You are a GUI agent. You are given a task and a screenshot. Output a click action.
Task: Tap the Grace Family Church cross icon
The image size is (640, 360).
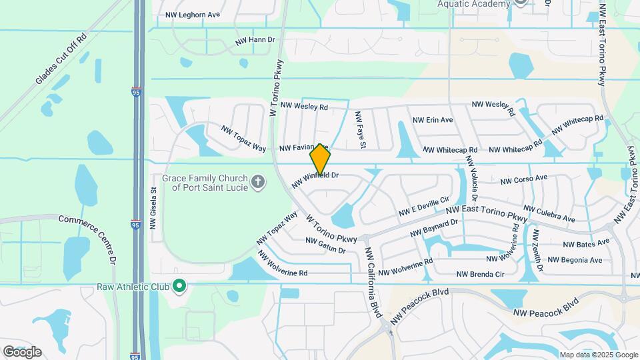(x=258, y=181)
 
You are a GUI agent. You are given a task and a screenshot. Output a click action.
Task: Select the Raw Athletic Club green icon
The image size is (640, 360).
(x=179, y=287)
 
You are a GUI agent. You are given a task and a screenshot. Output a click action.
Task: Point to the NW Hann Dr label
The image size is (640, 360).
(x=255, y=41)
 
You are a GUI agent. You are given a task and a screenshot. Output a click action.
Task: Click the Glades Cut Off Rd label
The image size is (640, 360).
(x=62, y=60)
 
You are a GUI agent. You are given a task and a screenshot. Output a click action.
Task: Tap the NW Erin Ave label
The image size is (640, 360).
(x=433, y=120)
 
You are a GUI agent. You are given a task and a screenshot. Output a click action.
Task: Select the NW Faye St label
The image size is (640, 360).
(x=361, y=130)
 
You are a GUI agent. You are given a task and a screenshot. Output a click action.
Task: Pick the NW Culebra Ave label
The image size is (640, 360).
(x=549, y=214)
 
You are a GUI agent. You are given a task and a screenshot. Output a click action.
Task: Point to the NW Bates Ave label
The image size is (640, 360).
(x=586, y=243)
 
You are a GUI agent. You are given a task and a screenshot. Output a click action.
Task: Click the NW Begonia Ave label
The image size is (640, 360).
(x=575, y=260)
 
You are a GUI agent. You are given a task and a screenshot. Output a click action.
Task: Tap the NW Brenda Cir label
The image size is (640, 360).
(x=480, y=274)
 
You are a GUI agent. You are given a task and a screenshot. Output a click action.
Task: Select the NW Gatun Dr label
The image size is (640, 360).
(x=325, y=245)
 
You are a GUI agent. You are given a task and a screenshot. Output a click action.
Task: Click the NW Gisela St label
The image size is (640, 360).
(x=153, y=208)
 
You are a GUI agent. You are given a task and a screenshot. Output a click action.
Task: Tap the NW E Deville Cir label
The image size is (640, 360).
(x=425, y=206)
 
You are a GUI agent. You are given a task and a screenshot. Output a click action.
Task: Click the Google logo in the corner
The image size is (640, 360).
(x=22, y=351)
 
